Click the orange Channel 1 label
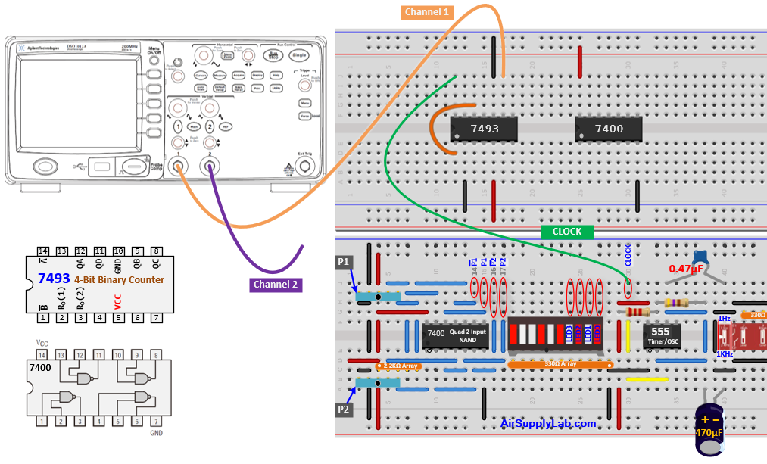[x=427, y=11]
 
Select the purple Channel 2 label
[x=276, y=285]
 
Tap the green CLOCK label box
[x=567, y=231]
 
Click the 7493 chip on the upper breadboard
[x=485, y=129]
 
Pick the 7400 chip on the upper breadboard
[x=609, y=129]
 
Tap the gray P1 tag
[x=343, y=262]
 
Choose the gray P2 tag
[x=343, y=409]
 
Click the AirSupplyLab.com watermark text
[x=548, y=423]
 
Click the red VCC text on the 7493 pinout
[x=118, y=301]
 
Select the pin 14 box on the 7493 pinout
[x=43, y=251]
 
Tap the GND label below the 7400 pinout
[x=156, y=433]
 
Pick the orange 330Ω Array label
[x=560, y=364]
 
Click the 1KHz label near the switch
[x=724, y=353]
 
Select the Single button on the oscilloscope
[x=299, y=56]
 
